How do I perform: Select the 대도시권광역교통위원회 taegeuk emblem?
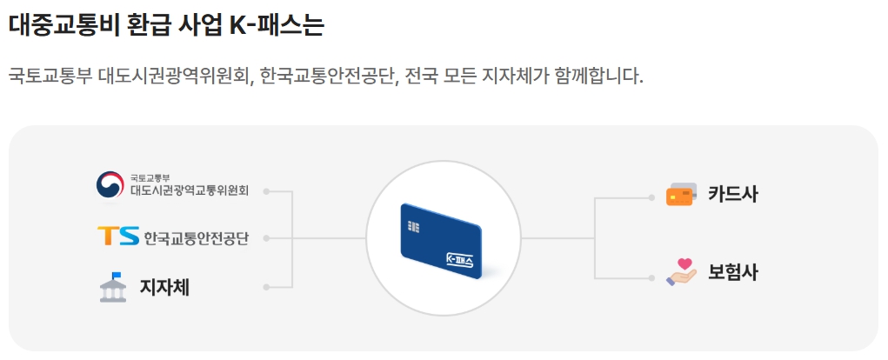click(110, 185)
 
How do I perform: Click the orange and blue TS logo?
click(117, 237)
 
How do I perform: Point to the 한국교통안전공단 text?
click(196, 237)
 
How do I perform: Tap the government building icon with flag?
click(113, 288)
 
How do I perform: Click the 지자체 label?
click(164, 288)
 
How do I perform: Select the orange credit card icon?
click(680, 195)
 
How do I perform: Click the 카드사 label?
click(732, 195)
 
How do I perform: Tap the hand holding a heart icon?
click(682, 271)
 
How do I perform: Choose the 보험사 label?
click(732, 272)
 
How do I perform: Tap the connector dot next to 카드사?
click(651, 197)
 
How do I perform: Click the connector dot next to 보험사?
click(651, 278)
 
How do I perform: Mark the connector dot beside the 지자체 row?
click(266, 286)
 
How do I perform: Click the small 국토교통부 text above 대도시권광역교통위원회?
click(150, 177)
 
